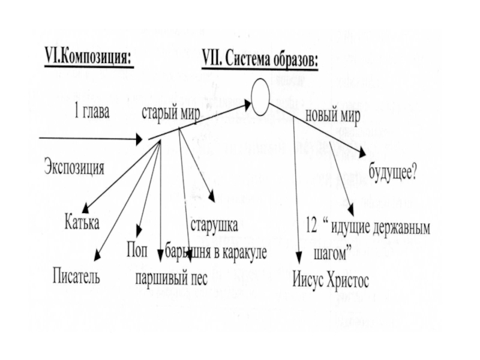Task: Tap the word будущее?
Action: coord(394,173)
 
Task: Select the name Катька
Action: coord(82,224)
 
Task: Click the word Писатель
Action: coord(76,277)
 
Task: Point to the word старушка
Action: coord(214,226)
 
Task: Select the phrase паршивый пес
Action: coord(171,279)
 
